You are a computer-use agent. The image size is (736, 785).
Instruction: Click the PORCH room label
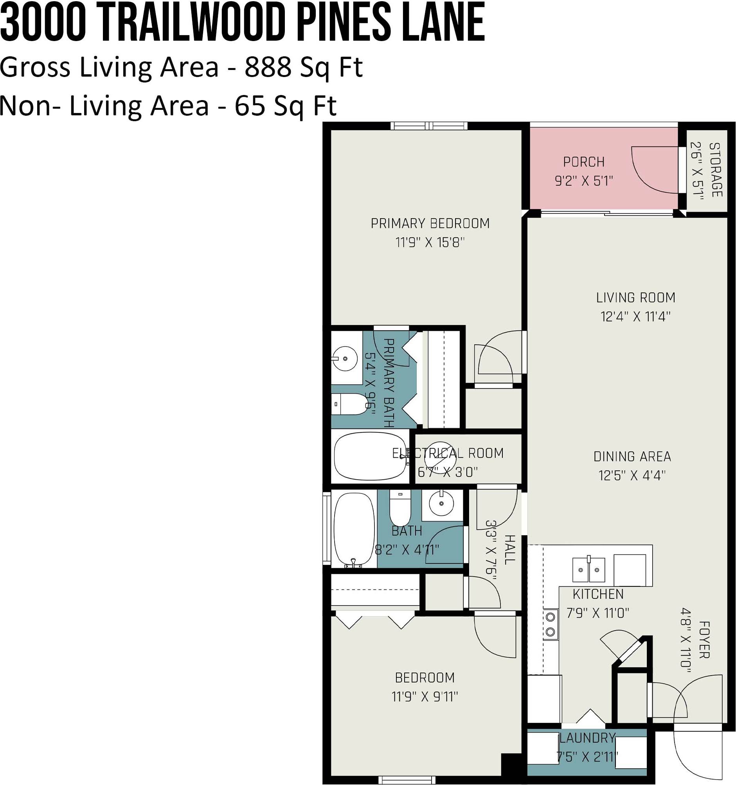click(584, 162)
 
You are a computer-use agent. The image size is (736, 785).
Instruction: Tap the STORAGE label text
click(716, 170)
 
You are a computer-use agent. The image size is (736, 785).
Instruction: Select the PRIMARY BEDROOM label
click(430, 224)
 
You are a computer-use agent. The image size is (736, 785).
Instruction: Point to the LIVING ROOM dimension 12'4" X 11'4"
click(635, 316)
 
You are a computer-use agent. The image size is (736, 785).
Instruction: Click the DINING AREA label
click(632, 457)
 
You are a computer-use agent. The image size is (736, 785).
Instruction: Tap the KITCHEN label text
click(598, 594)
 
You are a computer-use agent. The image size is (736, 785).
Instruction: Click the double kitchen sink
click(588, 570)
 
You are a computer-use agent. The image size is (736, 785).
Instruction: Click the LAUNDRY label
click(587, 738)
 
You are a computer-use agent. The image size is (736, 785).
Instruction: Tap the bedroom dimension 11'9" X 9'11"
click(425, 697)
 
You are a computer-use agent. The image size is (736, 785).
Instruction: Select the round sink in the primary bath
click(344, 358)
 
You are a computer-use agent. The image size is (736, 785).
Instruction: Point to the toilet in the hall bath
click(400, 507)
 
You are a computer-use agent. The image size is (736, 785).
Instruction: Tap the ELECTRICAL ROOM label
click(448, 453)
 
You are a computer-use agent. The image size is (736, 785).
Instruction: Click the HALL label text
click(510, 550)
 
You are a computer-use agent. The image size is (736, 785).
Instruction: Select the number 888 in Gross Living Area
click(268, 67)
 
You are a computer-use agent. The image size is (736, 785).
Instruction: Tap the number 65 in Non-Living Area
click(250, 106)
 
